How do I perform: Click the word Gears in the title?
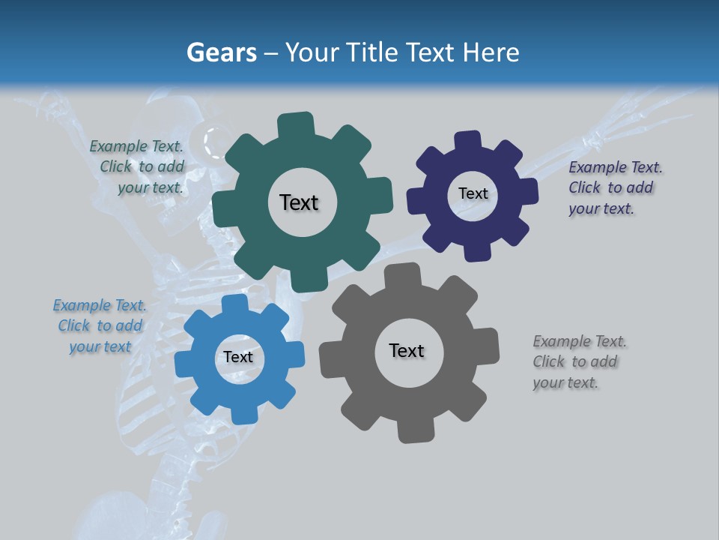pyautogui.click(x=222, y=52)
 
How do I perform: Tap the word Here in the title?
pyautogui.click(x=491, y=52)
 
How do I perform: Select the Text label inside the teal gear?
pyautogui.click(x=299, y=202)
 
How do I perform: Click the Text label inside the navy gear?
pyautogui.click(x=473, y=193)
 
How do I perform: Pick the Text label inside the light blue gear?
pyautogui.click(x=238, y=357)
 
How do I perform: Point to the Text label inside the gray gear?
pyautogui.click(x=407, y=350)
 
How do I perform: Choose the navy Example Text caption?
pyautogui.click(x=614, y=187)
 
